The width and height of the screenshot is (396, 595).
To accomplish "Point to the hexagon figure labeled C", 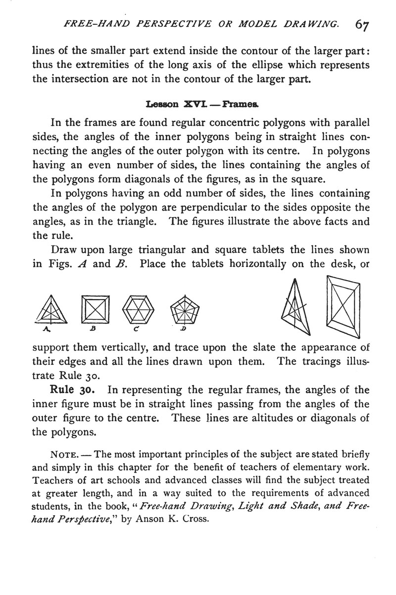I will click(x=137, y=310).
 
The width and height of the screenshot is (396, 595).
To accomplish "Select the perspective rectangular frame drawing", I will click(x=343, y=307).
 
